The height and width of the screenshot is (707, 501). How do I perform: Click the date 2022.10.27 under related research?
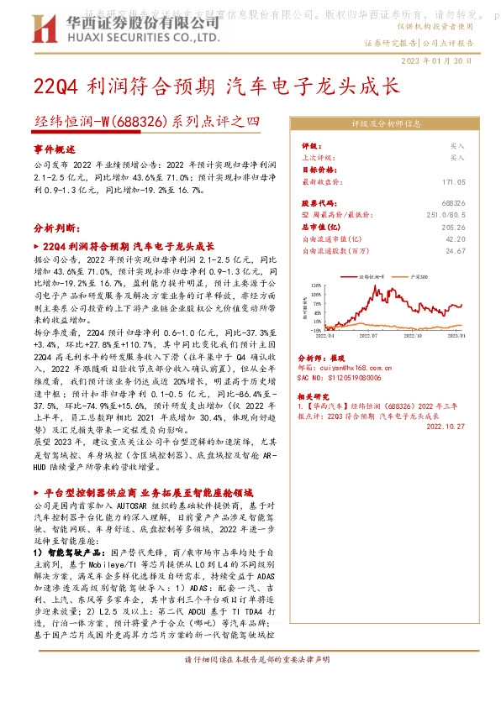pos(445,426)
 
